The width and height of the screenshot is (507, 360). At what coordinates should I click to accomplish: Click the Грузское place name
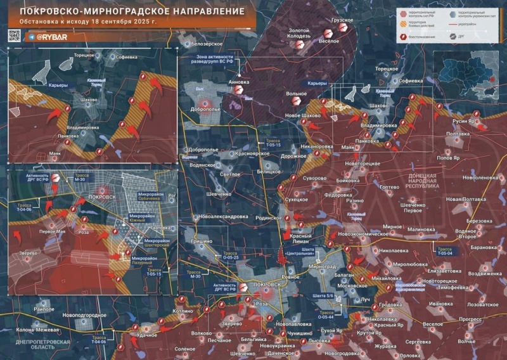pyautogui.click(x=343, y=20)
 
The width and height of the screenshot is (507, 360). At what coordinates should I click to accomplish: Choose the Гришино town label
pyautogui.click(x=202, y=241)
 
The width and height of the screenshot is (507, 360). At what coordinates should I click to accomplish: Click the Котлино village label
pyautogui.click(x=183, y=311)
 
